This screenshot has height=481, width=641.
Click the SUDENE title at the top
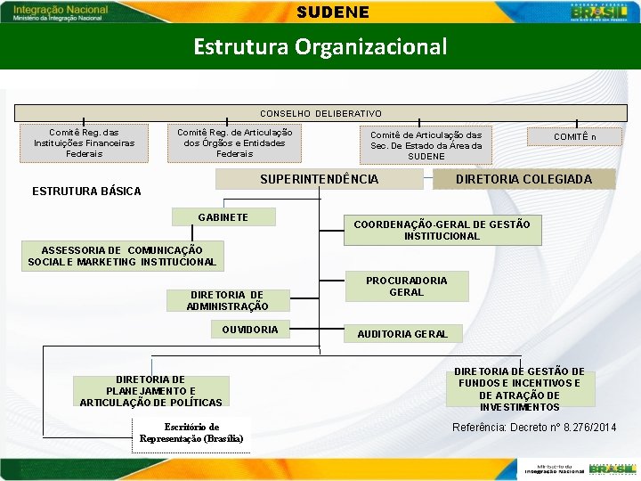[x=320, y=12]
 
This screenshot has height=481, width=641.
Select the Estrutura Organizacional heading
[x=320, y=46]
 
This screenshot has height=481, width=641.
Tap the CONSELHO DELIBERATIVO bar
[x=320, y=114]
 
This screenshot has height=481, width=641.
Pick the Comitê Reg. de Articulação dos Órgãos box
[x=234, y=143]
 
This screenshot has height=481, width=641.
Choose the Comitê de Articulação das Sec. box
[x=426, y=145]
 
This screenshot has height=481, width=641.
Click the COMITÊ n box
[x=575, y=137]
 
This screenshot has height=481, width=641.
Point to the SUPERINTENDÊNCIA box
[x=320, y=180]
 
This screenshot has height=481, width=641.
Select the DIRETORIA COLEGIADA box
[x=523, y=180]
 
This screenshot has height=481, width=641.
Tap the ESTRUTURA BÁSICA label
[x=86, y=192]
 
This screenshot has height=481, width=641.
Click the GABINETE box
[x=223, y=217]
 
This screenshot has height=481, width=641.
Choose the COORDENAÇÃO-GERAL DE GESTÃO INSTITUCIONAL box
[x=442, y=230]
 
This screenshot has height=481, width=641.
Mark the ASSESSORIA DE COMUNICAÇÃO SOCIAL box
[x=122, y=256]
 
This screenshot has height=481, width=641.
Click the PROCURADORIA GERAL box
[x=406, y=286]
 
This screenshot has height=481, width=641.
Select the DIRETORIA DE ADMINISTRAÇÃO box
[x=227, y=301]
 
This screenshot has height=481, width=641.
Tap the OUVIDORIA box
[x=250, y=330]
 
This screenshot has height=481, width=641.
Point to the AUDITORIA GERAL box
[x=402, y=334]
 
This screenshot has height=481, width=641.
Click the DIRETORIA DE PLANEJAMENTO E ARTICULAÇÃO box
[x=150, y=391]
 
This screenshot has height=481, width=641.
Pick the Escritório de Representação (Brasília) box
[x=191, y=433]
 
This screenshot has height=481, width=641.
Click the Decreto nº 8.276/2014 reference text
[x=534, y=428]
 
